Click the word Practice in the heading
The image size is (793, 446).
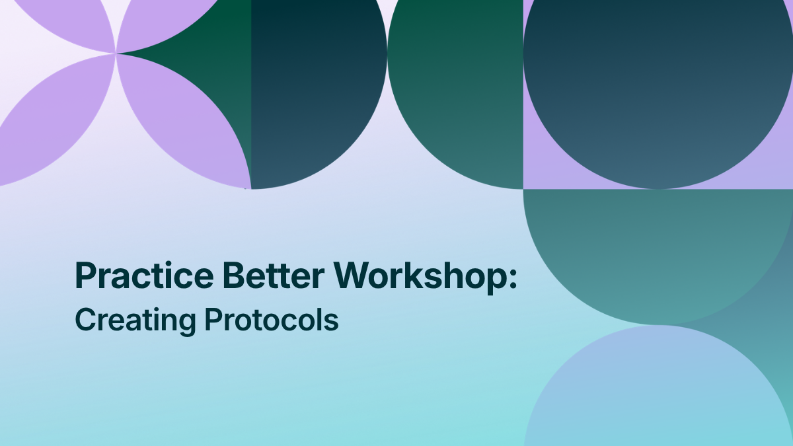click(145, 276)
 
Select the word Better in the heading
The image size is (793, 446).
click(274, 276)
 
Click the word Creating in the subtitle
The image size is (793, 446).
click(135, 321)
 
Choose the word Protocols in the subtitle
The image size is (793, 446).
click(272, 320)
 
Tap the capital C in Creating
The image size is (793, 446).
click(86, 320)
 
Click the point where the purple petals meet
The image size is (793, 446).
click(116, 54)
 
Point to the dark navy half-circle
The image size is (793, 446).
click(311, 89)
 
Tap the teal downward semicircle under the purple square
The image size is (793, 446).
click(658, 248)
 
